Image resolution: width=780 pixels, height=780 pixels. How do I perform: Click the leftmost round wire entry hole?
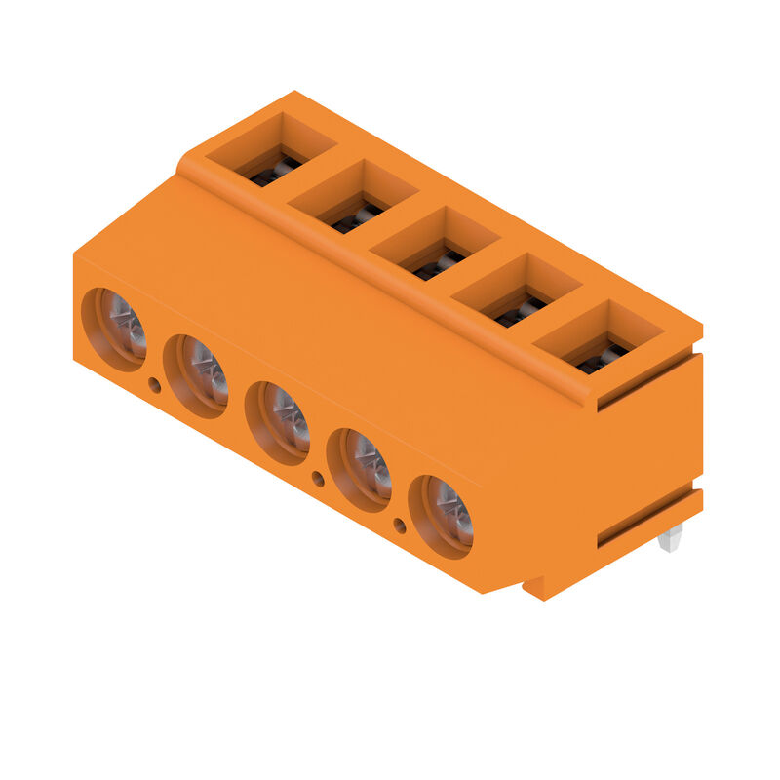[x=115, y=329]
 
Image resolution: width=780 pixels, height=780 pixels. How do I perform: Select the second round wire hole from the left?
[x=197, y=375]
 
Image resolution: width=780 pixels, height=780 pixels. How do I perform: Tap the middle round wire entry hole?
[x=279, y=422]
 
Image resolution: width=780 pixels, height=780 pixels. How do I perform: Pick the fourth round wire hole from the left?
[x=360, y=469]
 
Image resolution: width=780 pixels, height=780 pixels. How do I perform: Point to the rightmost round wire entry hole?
[x=442, y=516]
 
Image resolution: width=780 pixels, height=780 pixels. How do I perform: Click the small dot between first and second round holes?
[x=154, y=386]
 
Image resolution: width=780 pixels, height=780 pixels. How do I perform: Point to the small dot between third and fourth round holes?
[x=318, y=478]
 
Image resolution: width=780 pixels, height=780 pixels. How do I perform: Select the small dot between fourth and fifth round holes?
[x=400, y=526]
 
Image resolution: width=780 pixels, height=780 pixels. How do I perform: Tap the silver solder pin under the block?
[x=671, y=538]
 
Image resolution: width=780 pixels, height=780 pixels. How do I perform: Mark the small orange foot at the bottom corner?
[x=534, y=588]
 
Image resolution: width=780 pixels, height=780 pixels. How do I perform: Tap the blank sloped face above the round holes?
[x=292, y=312]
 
